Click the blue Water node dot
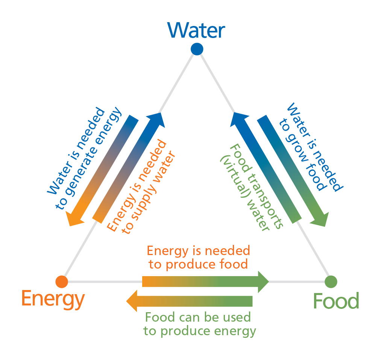[x=197, y=49]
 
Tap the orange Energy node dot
[x=61, y=281]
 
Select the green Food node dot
[x=331, y=281]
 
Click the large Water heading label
[x=196, y=30]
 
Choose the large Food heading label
[x=336, y=301]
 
